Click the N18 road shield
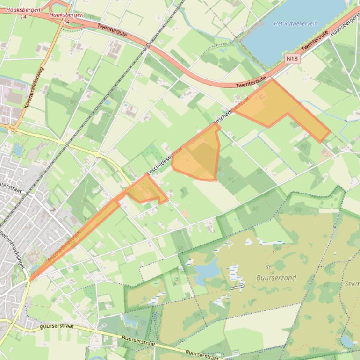pyautogui.click(x=291, y=58)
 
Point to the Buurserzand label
pyautogui.click(x=276, y=278)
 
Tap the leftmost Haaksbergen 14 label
pyautogui.click(x=23, y=12)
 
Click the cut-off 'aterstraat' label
pyautogui.click(x=11, y=186)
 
